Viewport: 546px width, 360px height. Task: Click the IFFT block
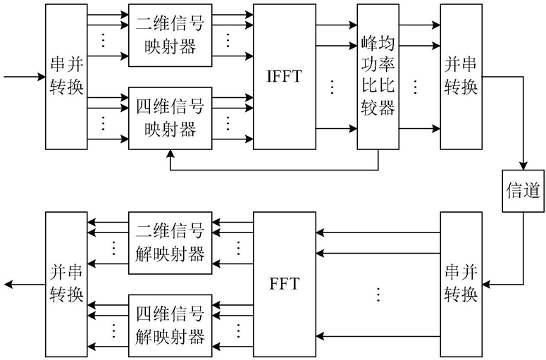click(x=285, y=76)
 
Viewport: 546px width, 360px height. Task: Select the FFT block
click(x=285, y=284)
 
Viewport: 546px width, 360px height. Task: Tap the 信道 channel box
click(x=523, y=191)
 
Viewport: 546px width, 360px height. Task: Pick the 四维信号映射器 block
click(x=170, y=118)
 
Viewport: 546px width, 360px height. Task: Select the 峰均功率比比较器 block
click(x=378, y=76)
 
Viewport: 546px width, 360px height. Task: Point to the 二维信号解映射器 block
click(x=170, y=242)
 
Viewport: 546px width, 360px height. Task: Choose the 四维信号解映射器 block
click(x=170, y=325)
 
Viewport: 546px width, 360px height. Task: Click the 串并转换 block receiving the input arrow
click(x=67, y=76)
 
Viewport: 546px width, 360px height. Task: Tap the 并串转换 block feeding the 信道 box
click(x=461, y=76)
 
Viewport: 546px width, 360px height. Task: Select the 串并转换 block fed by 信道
click(x=461, y=284)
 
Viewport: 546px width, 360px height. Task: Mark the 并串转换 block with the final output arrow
click(x=67, y=284)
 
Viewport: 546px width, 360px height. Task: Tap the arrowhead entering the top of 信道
click(x=523, y=165)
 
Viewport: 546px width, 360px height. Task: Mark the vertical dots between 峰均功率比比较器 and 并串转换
click(x=415, y=87)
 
